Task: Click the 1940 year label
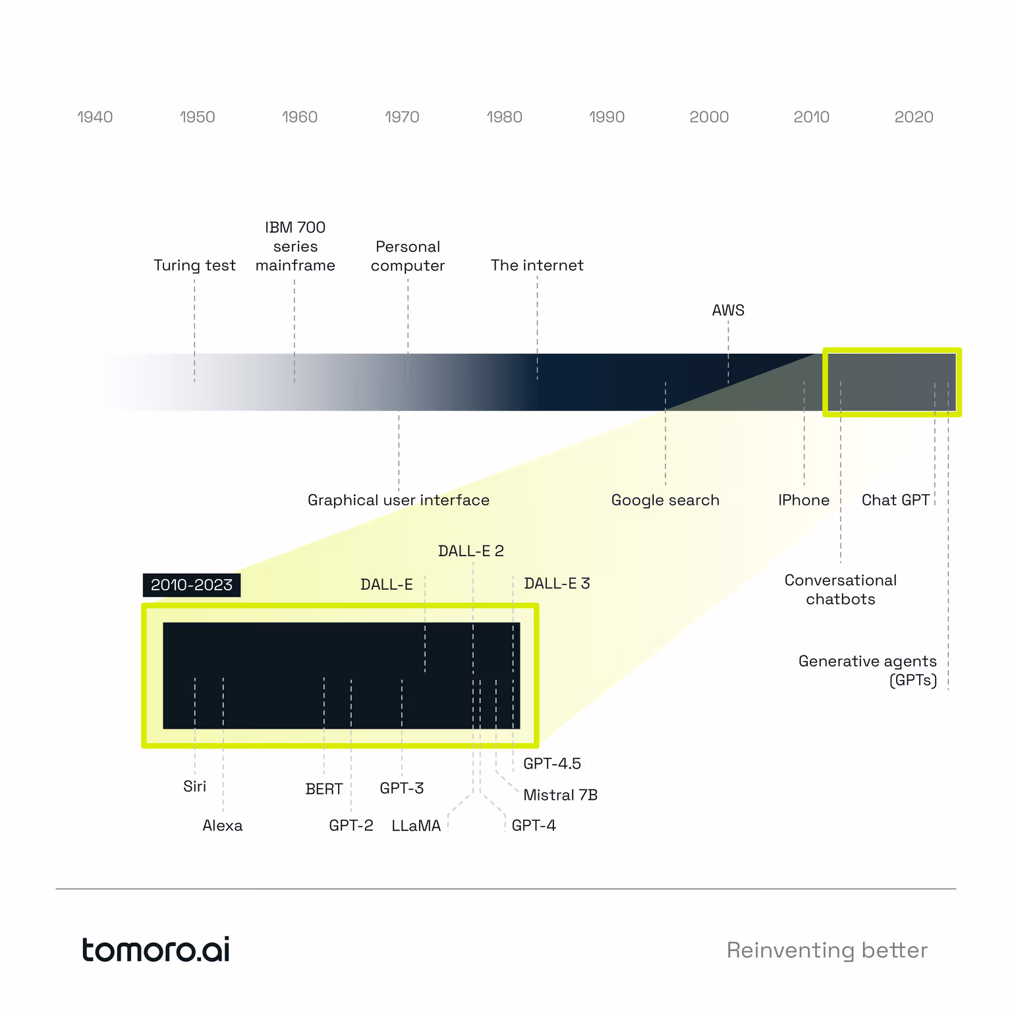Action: (95, 117)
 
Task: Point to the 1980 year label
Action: (504, 117)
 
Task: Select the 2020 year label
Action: (914, 117)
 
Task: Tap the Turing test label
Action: (194, 266)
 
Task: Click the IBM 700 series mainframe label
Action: (295, 246)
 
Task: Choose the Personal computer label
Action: (408, 256)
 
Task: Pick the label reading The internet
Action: (537, 266)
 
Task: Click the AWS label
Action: (728, 310)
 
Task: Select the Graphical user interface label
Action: (399, 501)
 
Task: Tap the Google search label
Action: (665, 501)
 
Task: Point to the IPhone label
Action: (804, 501)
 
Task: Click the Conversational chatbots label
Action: (841, 590)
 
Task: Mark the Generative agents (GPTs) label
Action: (868, 671)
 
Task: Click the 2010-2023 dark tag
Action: (192, 585)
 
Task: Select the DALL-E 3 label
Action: (557, 584)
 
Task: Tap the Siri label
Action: (194, 787)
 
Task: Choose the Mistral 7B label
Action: (560, 795)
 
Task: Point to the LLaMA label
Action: (416, 826)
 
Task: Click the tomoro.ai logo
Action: (155, 949)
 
